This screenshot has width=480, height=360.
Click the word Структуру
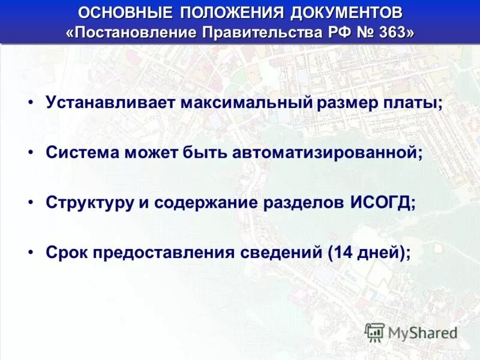pyautogui.click(x=89, y=202)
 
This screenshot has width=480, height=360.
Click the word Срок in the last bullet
pyautogui.click(x=65, y=252)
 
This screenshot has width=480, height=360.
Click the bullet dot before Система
pyautogui.click(x=31, y=152)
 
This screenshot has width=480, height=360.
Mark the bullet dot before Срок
pyautogui.click(x=31, y=252)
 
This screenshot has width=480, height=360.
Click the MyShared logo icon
pyautogui.click(x=375, y=332)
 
